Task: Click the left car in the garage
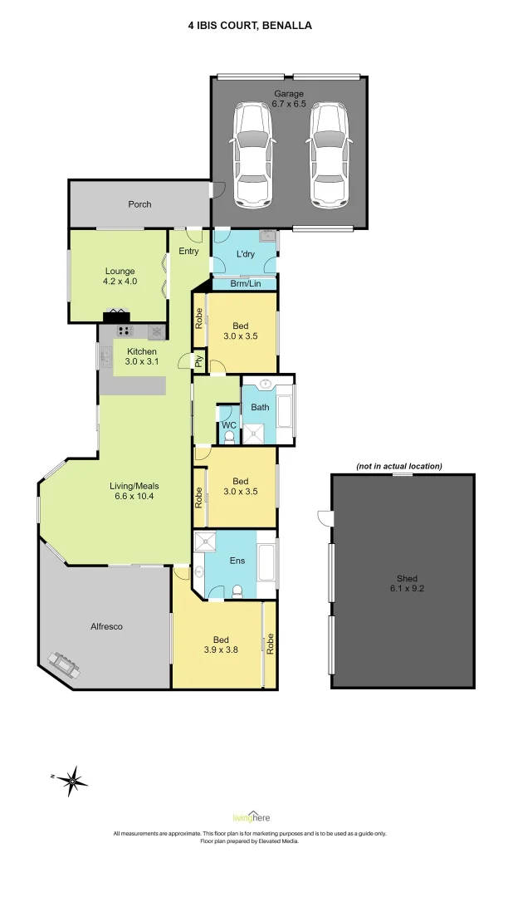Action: [x=253, y=154]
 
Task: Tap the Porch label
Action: [x=139, y=204]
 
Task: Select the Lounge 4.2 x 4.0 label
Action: [x=120, y=277]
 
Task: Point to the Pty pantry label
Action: [x=199, y=361]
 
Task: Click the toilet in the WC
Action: [x=229, y=435]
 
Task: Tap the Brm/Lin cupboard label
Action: [x=245, y=284]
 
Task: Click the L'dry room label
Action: [x=245, y=254]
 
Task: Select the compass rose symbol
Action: [x=73, y=780]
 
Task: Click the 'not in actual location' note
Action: [x=399, y=466]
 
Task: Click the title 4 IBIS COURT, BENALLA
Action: [x=250, y=26]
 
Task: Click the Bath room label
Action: [x=260, y=408]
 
